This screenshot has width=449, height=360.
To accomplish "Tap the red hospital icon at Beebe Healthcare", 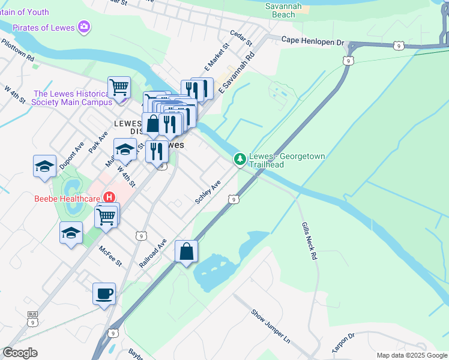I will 109,197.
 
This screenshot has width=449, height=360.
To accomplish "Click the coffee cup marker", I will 104,294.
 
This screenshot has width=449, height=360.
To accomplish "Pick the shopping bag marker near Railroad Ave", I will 187,251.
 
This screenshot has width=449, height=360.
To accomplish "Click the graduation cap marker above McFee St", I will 71,233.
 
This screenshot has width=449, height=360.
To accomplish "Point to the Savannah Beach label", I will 280,10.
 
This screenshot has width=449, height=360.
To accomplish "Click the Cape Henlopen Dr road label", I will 313,41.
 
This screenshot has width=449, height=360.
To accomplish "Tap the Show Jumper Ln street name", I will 270,326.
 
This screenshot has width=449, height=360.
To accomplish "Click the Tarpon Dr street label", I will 344,344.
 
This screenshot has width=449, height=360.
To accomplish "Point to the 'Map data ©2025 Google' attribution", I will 411,355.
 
